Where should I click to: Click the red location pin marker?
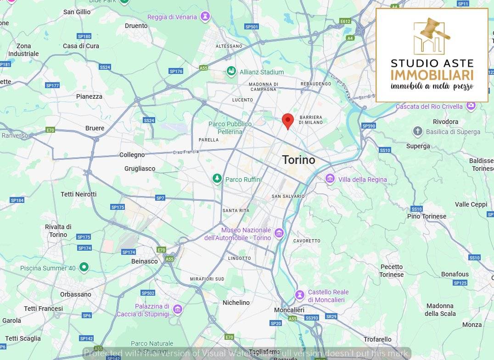tap(287, 120)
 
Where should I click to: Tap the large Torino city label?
tap(298, 160)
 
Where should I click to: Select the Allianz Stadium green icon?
tap(231, 71)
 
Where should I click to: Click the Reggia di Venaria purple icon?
tap(205, 17)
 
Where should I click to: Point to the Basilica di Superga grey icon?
tap(417, 131)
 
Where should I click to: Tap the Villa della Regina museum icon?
tap(330, 179)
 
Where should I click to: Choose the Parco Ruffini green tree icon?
tap(217, 179)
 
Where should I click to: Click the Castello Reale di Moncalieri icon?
tap(300, 295)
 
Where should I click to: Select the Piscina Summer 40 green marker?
tap(84, 267)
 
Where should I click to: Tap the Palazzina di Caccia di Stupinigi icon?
tap(177, 309)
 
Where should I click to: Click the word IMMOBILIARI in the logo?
tap(432, 75)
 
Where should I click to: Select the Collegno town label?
tap(132, 155)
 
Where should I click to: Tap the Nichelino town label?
tap(236, 303)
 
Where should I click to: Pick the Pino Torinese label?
tap(427, 216)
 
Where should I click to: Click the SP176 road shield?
tap(176, 71)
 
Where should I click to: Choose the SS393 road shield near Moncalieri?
tap(311, 318)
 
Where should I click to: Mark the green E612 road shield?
tap(345, 21)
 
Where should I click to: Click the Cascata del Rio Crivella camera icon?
tap(471, 106)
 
